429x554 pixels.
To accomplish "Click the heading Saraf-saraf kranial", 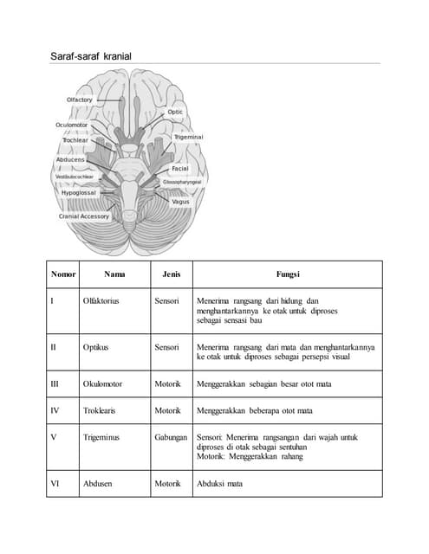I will [91, 56].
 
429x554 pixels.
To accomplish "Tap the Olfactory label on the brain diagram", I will [80, 100].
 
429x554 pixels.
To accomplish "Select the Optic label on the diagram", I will [176, 112].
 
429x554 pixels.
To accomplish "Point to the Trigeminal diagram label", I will [189, 137].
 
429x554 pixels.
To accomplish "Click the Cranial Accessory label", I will [84, 216].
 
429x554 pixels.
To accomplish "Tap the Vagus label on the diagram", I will [180, 202].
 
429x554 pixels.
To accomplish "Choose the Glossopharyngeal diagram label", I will [182, 183].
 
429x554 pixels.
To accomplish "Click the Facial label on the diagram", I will [180, 168].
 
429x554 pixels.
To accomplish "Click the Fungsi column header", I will [288, 274].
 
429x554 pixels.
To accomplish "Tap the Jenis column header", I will [171, 274].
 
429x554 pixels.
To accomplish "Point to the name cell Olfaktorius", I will [101, 301].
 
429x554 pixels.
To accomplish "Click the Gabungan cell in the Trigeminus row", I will [172, 437].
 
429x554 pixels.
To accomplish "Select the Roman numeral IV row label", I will [55, 410].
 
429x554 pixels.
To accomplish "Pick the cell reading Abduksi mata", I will [220, 485].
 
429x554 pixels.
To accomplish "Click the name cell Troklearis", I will [101, 410].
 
